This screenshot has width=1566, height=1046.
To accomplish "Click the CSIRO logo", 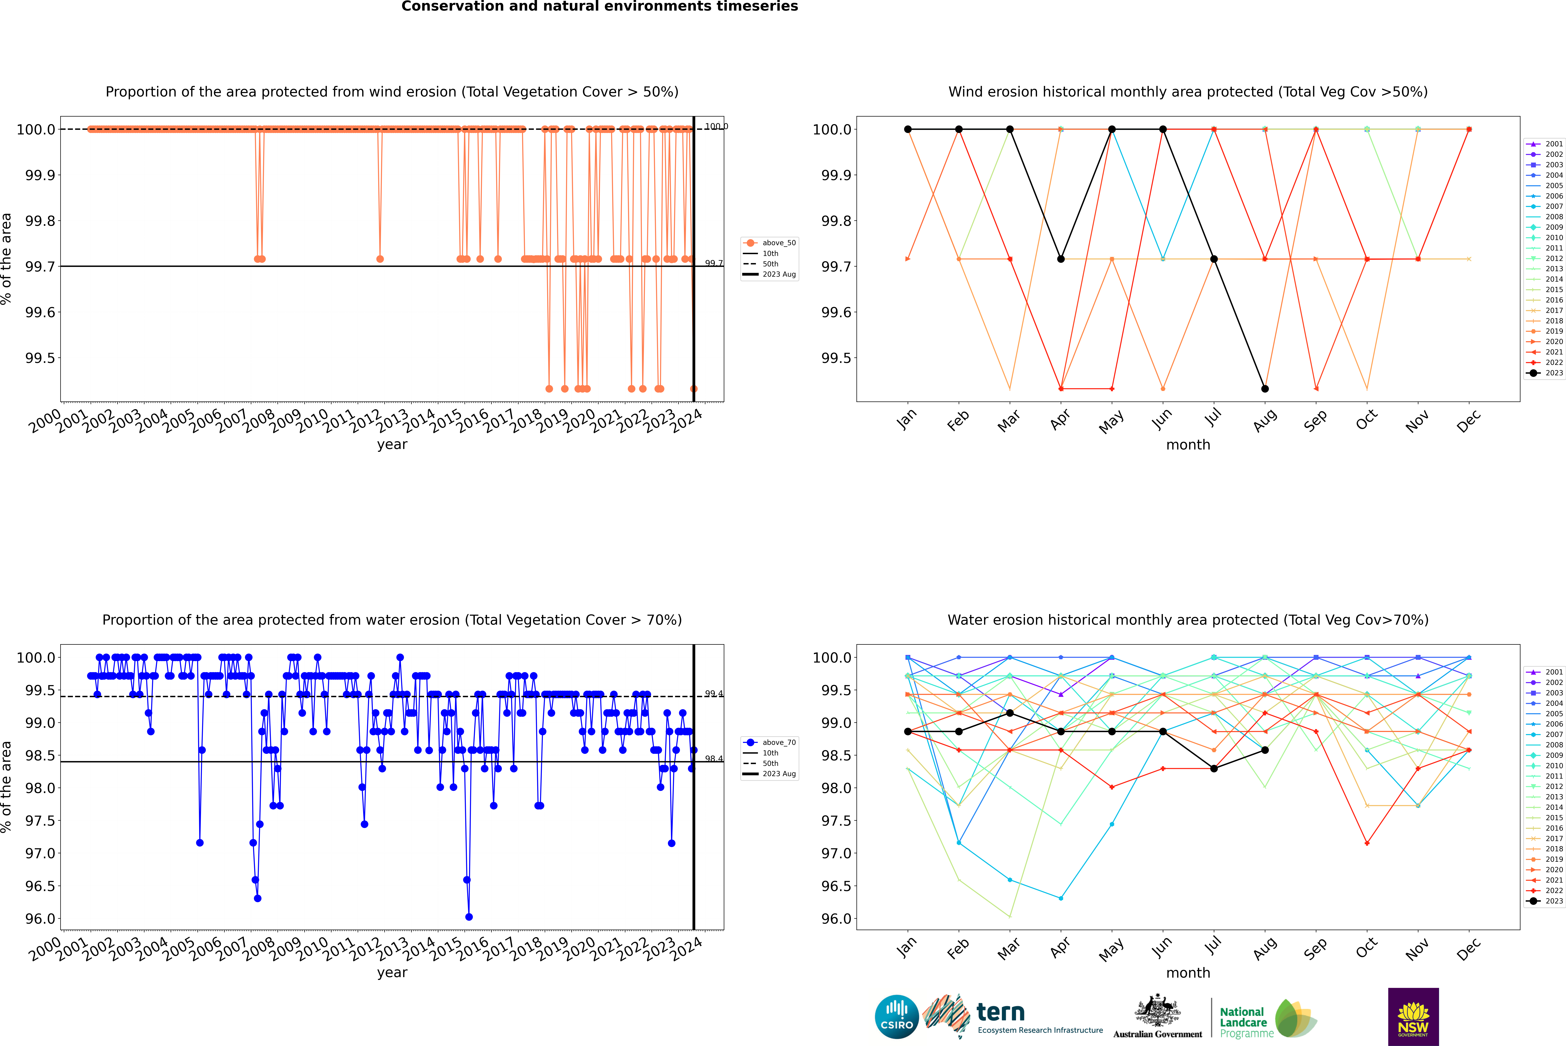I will tap(897, 1017).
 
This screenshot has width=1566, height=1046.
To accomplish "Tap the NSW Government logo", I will tap(1413, 1017).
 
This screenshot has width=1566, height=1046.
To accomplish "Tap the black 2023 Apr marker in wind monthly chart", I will tap(1061, 259).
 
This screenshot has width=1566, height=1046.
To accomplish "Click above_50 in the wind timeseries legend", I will tap(778, 243).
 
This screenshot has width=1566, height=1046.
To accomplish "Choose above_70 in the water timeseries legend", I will tap(778, 743).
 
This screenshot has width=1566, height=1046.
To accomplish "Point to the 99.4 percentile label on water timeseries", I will tap(714, 694).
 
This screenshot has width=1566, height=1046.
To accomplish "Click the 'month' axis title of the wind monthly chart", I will tap(1187, 445).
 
